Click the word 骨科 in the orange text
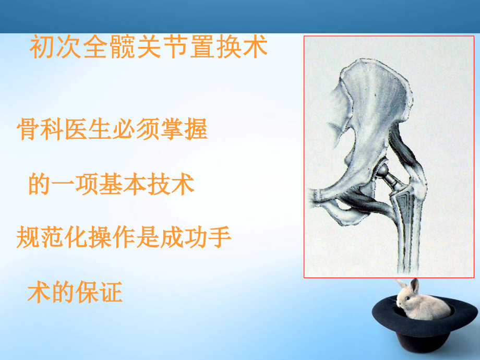click(x=41, y=130)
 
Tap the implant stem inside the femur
click(x=403, y=219)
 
